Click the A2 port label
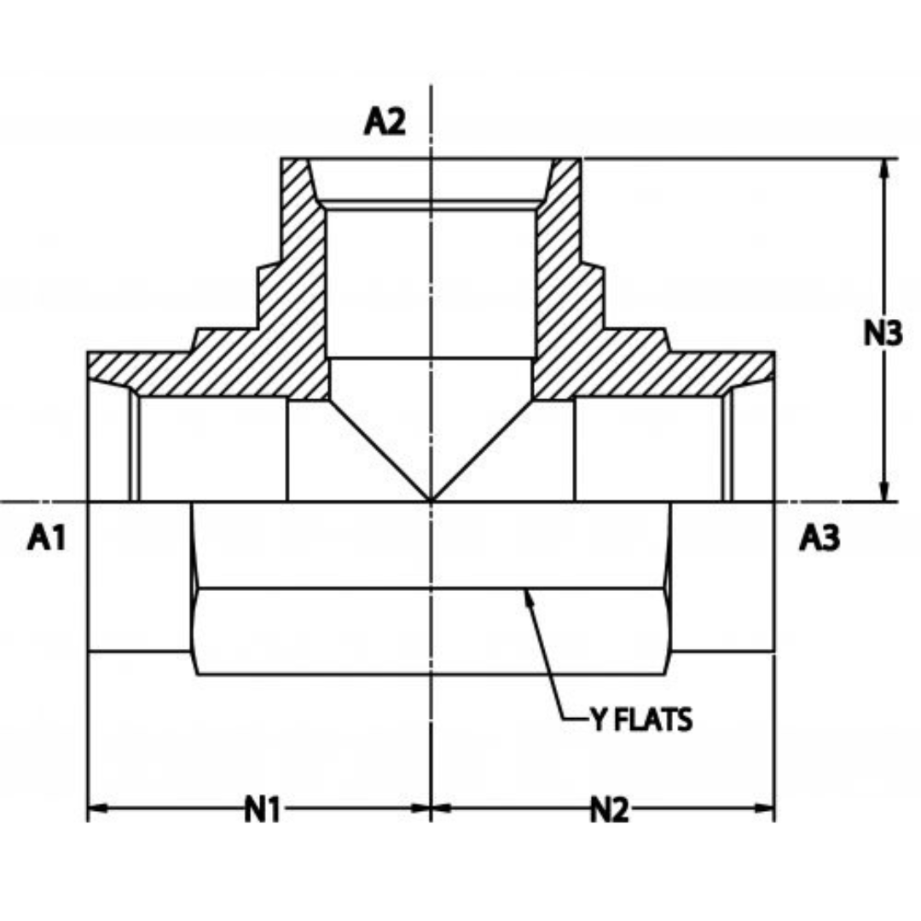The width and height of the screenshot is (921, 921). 385,123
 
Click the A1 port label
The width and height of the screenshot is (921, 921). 47,539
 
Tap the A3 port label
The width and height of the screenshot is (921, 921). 820,539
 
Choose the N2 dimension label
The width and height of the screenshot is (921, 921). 609,810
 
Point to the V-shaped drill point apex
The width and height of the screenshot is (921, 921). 432,499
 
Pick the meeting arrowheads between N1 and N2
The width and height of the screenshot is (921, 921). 432,808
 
